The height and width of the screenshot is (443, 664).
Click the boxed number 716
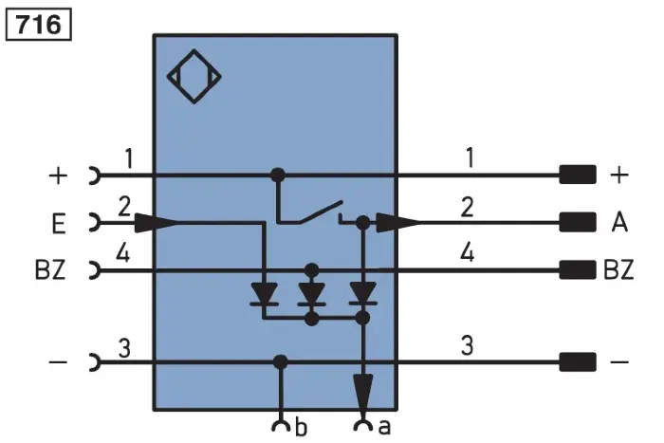point(39,25)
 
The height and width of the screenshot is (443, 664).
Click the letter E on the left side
point(59,225)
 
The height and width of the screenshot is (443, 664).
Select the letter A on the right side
point(619,222)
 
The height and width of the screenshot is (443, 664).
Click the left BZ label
point(50,269)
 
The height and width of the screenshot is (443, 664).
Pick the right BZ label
point(618,269)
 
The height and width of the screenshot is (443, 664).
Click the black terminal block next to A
point(578,222)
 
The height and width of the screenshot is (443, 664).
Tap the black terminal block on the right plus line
point(578,175)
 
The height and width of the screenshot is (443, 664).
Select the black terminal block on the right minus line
point(578,362)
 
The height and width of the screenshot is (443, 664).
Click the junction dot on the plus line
point(278,175)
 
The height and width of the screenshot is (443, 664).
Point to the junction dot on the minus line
point(280,362)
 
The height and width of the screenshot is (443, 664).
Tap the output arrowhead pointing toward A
point(397,222)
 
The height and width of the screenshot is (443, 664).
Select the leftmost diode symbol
point(265,294)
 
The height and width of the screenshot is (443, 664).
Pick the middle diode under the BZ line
point(312,294)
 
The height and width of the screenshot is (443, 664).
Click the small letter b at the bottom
point(301,427)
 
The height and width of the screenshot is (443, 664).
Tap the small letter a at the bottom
point(384,428)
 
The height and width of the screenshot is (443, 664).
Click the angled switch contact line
point(321,212)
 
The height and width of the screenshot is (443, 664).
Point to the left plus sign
point(58,175)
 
